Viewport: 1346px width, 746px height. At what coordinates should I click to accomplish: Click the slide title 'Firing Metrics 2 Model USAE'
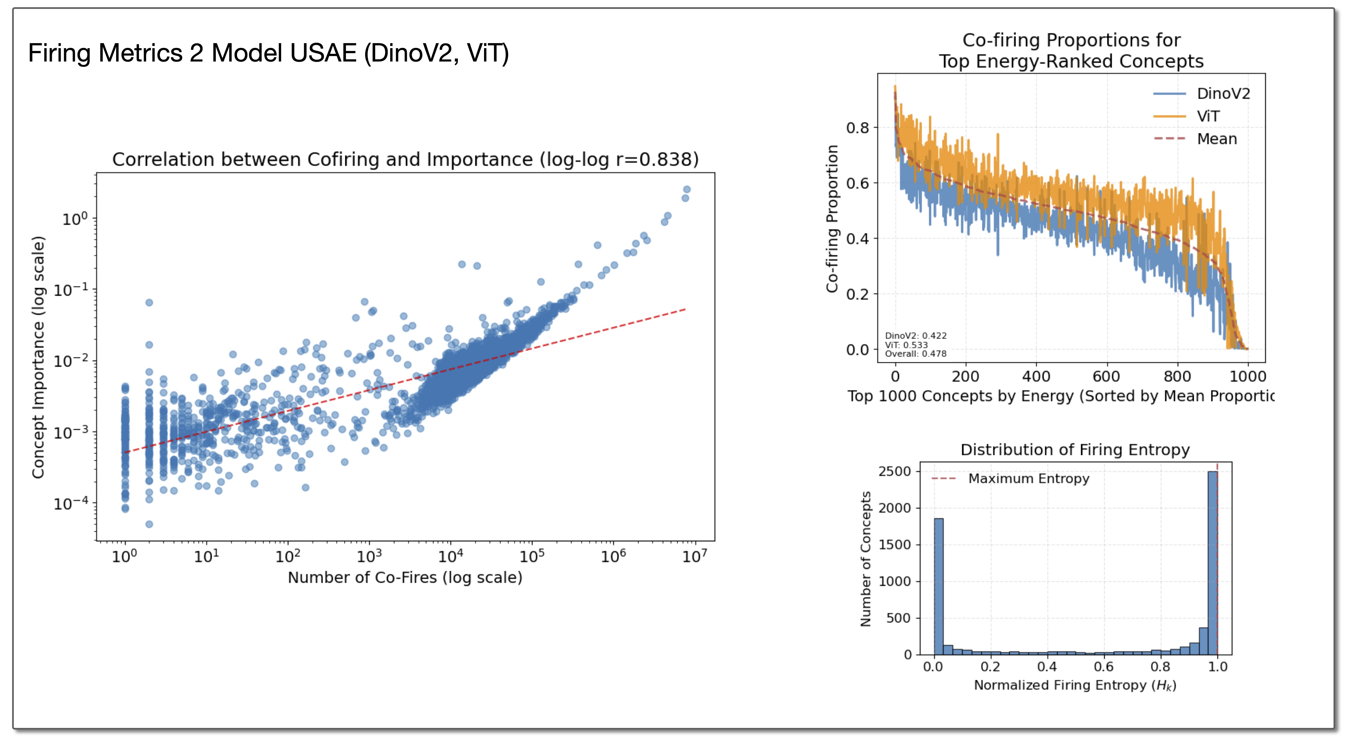pyautogui.click(x=268, y=53)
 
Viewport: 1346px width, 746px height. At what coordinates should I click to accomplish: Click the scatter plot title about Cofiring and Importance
pyautogui.click(x=405, y=159)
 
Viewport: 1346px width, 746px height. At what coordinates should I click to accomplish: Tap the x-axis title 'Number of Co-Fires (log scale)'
pyautogui.click(x=405, y=577)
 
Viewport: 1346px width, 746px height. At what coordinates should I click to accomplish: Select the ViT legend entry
pyautogui.click(x=1208, y=116)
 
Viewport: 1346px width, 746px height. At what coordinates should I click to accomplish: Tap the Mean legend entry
pyautogui.click(x=1216, y=139)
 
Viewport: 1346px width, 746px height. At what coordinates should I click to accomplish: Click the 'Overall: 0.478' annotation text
pyautogui.click(x=915, y=354)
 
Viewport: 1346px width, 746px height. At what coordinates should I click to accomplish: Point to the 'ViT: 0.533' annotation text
pyautogui.click(x=906, y=345)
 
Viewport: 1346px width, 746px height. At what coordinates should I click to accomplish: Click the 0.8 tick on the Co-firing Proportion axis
pyautogui.click(x=858, y=128)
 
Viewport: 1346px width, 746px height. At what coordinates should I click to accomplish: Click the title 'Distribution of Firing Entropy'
pyautogui.click(x=1075, y=450)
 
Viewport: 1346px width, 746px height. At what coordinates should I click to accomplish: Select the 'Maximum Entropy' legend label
pyautogui.click(x=1028, y=478)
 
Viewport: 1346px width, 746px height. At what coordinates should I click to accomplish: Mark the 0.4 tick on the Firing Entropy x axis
pyautogui.click(x=1047, y=667)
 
